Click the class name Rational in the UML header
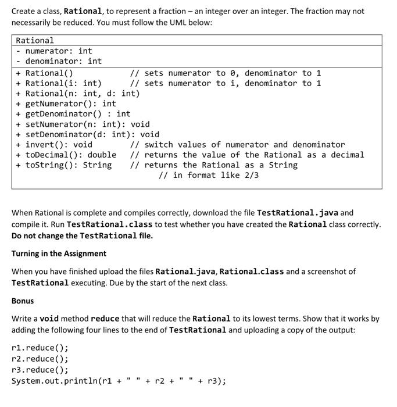pyautogui.click(x=35, y=41)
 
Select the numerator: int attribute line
pyautogui.click(x=58, y=51)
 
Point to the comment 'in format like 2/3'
pyautogui.click(x=209, y=175)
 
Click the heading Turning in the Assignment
pyautogui.click(x=59, y=254)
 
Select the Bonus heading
pyautogui.click(x=23, y=301)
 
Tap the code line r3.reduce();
pyautogui.click(x=40, y=370)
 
